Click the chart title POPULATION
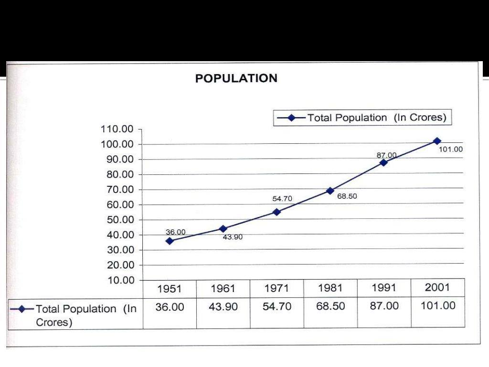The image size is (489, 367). pos(236,79)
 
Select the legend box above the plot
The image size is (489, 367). pos(362,118)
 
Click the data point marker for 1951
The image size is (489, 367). pos(170,241)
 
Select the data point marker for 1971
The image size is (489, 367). pos(276,212)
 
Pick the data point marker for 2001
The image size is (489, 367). pos(437,141)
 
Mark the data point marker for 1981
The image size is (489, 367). pos(330,191)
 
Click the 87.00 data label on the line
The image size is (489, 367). pos(386,155)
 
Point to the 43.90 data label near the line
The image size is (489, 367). pos(233,237)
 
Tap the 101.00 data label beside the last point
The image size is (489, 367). pos(451,149)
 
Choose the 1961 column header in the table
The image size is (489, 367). pos(223,289)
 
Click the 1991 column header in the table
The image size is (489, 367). pos(384,288)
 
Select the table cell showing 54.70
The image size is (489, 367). pos(276,306)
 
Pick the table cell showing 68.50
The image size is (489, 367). pos(330,306)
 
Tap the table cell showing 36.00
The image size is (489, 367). pos(170,306)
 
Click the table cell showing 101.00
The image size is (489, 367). pos(438,306)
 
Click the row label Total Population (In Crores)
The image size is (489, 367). pos(86,315)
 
